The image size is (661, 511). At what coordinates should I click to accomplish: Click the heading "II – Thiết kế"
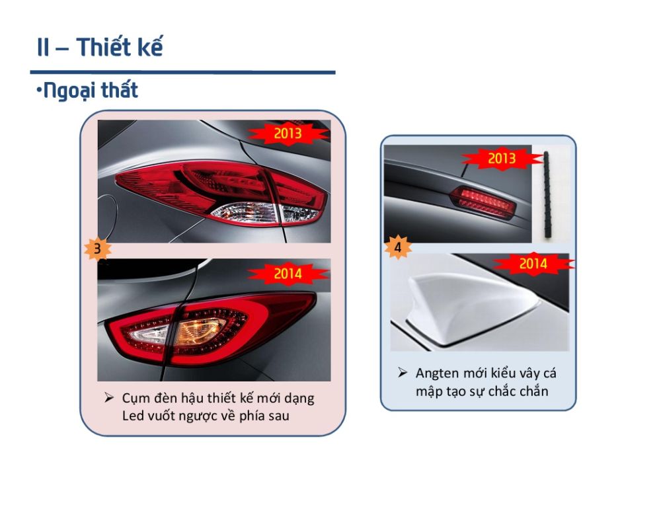(x=100, y=48)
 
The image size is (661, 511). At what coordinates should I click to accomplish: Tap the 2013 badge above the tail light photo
(x=288, y=134)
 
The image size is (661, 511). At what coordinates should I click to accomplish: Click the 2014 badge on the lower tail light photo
(x=288, y=272)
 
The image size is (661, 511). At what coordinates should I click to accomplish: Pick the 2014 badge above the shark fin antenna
(x=533, y=263)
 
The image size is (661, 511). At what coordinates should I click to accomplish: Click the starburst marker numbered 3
(x=98, y=249)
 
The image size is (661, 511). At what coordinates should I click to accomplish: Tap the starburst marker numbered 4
(x=398, y=248)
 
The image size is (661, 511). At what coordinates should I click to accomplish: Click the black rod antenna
(x=548, y=194)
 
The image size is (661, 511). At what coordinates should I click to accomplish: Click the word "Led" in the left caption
(x=134, y=415)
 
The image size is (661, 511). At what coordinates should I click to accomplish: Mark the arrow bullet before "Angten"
(x=403, y=373)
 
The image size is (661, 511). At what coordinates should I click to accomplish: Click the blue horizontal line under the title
(x=182, y=72)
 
